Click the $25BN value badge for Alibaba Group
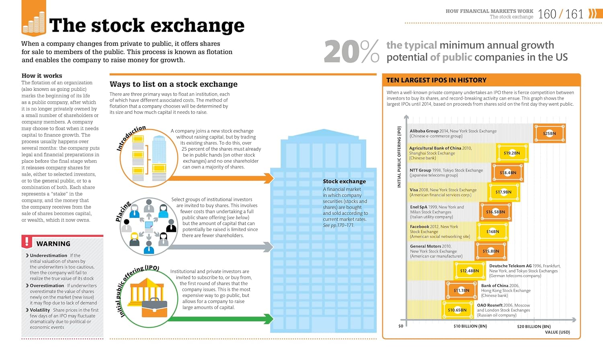549,133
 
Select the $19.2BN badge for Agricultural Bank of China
512,153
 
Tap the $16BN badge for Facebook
492,231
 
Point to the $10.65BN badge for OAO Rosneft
457,310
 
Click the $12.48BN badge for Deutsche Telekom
470,271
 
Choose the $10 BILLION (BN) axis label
470,326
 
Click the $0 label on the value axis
401,326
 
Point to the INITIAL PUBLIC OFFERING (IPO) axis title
399,157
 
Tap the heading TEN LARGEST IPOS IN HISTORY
436,80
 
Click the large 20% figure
352,51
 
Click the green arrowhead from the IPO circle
269,319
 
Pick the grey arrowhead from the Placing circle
268,247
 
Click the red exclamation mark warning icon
27,241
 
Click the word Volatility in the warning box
40,310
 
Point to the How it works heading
42,76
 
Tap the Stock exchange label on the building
344,181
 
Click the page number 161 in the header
574,14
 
